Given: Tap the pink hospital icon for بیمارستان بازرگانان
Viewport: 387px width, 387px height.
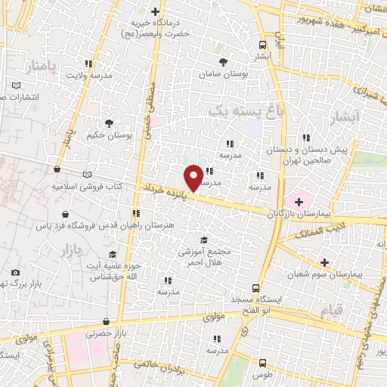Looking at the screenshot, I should (x=299, y=201).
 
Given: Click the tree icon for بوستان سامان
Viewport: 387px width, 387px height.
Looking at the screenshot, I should (x=222, y=62).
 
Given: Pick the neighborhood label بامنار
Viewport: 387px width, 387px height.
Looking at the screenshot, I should (x=40, y=68).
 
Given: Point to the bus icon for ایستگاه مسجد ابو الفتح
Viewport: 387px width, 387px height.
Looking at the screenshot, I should (x=255, y=288).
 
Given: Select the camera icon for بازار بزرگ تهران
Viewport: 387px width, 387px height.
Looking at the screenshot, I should (x=15, y=272).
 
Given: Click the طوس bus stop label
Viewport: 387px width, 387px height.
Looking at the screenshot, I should (x=262, y=375).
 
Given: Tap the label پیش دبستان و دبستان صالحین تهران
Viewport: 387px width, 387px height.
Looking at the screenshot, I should (x=345, y=155).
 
